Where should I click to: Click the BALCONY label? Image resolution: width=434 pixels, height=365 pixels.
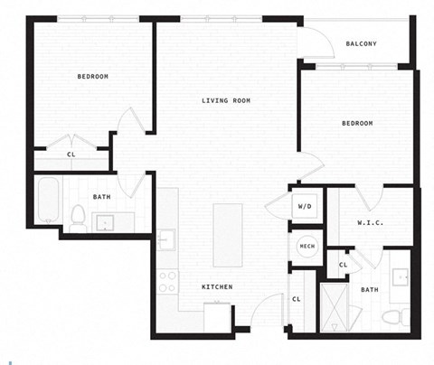click(361, 43)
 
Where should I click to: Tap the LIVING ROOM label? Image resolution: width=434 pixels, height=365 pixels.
click(226, 100)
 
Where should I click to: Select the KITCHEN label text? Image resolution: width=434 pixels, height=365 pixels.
click(218, 287)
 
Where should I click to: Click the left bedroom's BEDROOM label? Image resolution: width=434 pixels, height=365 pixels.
click(92, 77)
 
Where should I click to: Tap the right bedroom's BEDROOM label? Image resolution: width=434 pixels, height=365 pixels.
click(357, 123)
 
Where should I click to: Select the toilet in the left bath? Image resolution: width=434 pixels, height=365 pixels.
click(78, 217)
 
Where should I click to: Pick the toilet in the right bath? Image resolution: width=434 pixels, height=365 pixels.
click(392, 317)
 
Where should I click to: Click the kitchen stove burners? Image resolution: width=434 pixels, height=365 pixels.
click(168, 281)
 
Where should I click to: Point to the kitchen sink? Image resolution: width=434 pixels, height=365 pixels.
click(165, 239)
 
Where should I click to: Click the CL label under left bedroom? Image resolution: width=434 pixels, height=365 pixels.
click(71, 154)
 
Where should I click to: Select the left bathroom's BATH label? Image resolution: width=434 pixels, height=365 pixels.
click(102, 197)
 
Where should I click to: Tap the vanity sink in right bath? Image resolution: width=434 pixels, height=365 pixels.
click(400, 276)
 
